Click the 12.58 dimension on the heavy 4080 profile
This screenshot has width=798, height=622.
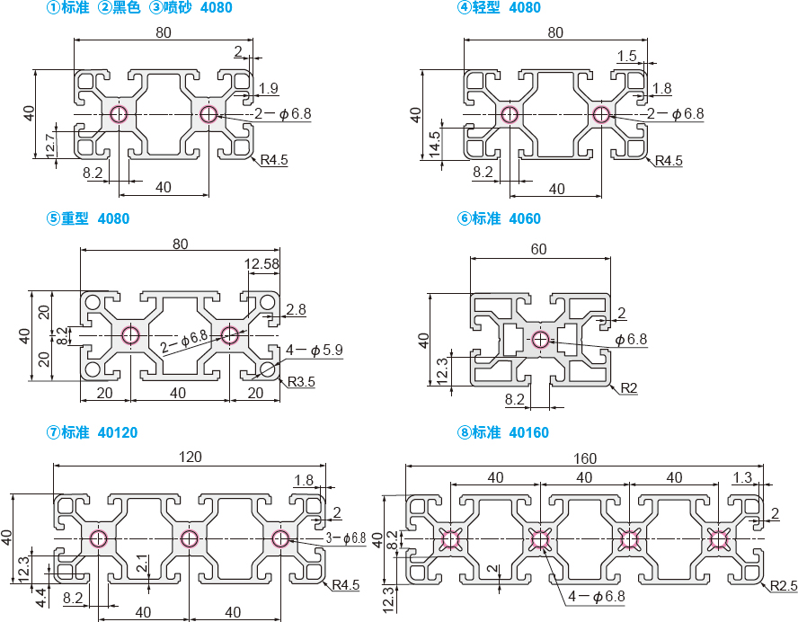point(262,263)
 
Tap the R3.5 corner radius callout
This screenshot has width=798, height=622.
point(301,381)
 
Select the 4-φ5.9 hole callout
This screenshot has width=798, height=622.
point(314,350)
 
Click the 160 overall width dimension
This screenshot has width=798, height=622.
point(585,458)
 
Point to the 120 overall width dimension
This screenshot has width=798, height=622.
point(190,457)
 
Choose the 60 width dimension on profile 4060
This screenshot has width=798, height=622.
point(538,249)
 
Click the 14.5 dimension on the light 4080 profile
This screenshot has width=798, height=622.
point(435,144)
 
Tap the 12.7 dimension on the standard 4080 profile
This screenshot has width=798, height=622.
point(49,146)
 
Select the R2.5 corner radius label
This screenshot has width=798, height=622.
point(784,586)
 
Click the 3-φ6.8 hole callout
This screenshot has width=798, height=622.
point(346,538)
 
